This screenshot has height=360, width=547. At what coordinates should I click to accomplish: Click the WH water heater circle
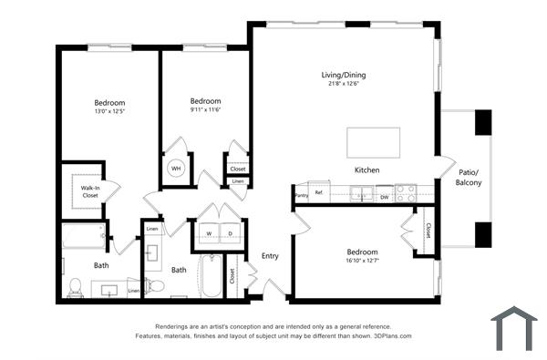pos(176,169)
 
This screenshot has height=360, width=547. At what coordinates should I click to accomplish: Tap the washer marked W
pos(208,234)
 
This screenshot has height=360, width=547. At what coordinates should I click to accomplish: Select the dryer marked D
pos(229,234)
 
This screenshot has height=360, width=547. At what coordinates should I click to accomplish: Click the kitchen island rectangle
pos(373,143)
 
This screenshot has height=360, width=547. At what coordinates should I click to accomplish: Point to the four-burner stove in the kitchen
pos(406,193)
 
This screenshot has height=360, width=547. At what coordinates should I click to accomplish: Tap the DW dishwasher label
pos(384,196)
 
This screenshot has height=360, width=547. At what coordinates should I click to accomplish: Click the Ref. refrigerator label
pos(320,192)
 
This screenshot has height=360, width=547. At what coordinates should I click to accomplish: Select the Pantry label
pos(302,194)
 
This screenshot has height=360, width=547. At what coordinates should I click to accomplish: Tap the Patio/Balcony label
pos(469,178)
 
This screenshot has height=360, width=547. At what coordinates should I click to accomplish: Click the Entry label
pos(270,256)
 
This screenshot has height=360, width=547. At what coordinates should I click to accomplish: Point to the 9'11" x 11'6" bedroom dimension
pos(205,110)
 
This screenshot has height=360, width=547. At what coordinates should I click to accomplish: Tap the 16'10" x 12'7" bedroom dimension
pos(362,262)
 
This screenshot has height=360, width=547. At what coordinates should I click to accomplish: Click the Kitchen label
pos(367,170)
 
